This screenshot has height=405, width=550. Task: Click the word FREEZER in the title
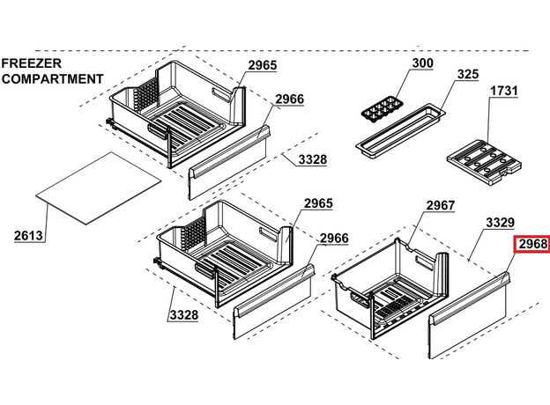pos(32,63)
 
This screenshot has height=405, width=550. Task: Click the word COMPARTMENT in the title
pos(53,79)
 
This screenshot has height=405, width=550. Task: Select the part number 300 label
pos(423,63)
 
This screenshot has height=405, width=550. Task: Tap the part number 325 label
pos(468,74)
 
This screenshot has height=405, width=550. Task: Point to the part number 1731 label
pos(503,91)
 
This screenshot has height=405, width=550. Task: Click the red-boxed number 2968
pos(532,244)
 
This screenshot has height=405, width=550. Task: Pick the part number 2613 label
pos(28,235)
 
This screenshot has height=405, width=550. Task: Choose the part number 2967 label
pos(441,205)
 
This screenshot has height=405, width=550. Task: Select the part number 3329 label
pos(501,223)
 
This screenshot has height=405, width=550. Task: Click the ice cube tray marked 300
pos(383,110)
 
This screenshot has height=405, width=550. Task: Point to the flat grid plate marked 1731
pos(485,162)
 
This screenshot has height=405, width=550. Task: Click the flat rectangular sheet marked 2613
pos(99,188)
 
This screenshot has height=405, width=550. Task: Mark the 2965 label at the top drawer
pos(263,65)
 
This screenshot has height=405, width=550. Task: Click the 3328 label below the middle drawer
pos(184,315)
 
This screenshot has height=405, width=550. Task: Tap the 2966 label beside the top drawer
pos(289,99)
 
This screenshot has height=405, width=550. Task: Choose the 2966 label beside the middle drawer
pos(334,239)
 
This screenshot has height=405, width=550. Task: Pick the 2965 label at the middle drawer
pos(318,203)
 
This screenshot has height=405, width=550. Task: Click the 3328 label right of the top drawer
pos(313,159)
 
